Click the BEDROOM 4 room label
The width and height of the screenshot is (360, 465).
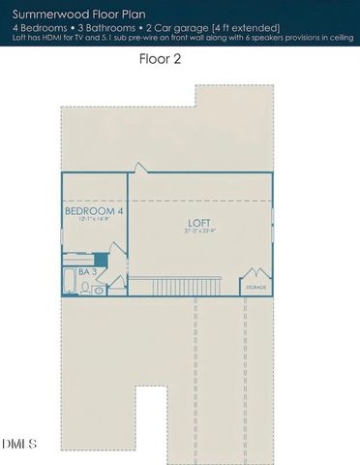[94, 210]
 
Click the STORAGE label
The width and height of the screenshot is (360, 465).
[255, 288]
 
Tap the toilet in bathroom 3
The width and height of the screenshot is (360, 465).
[84, 288]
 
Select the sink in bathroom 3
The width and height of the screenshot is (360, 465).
[99, 289]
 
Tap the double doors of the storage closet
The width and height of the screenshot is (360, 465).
[255, 275]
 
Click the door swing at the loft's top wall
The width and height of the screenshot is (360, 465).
[140, 169]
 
